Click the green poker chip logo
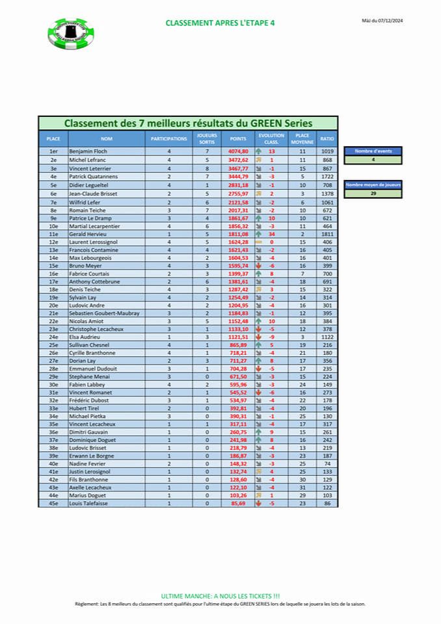coord(71,33)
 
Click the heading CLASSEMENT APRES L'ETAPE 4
coord(220,23)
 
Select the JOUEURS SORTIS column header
coord(206,139)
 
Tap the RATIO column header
coord(327,139)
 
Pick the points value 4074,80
coord(238,151)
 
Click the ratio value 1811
coord(327,233)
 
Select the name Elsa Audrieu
coord(85,337)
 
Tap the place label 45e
coord(53,503)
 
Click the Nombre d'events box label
coord(373,151)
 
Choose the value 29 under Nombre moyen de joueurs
coord(373,194)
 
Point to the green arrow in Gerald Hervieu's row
coord(258,233)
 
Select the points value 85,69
coord(238,503)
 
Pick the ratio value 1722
coord(327,176)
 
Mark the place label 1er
coord(53,151)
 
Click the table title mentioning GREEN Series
coord(188,123)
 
